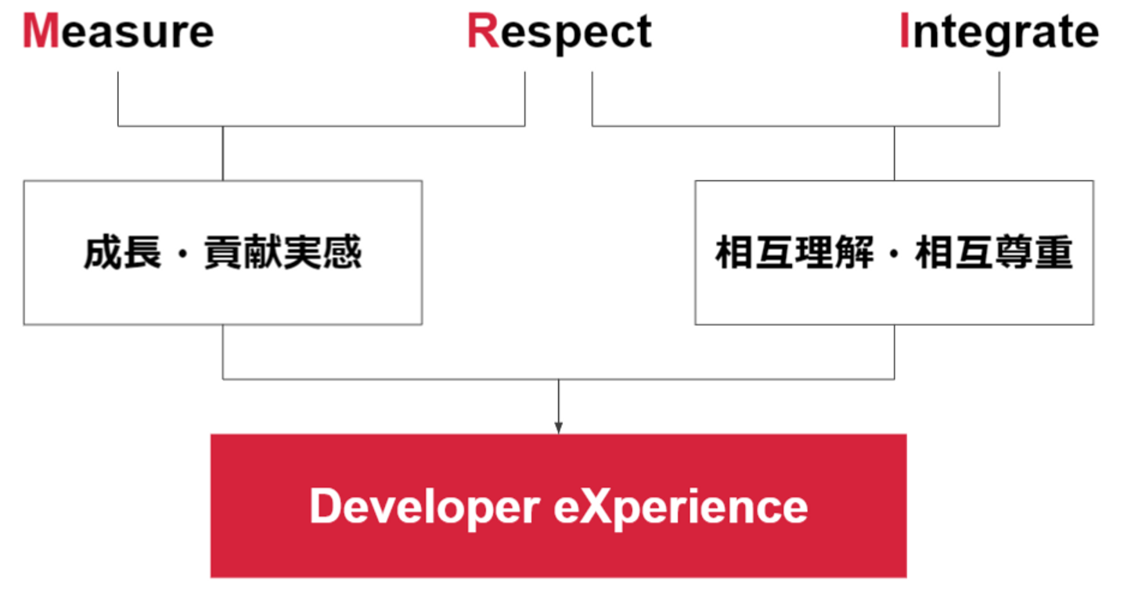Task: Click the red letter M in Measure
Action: coord(41,31)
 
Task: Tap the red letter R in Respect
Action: coord(483,31)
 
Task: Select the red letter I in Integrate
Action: coord(904,31)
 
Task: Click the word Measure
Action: coord(118,31)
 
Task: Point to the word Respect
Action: coord(560,33)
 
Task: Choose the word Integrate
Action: coord(999,33)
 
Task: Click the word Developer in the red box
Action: coord(425,508)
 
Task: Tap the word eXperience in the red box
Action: coord(681,508)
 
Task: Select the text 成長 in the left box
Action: coord(123,252)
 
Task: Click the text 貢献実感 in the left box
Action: coord(283,252)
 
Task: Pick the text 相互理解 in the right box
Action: coord(794,252)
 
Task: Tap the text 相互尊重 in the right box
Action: coord(994,252)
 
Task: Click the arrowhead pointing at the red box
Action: coord(559,428)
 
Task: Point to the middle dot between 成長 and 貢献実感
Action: coord(182,253)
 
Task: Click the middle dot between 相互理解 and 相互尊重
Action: coord(894,253)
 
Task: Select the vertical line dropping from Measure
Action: coord(118,99)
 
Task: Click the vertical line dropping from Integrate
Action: coord(999,99)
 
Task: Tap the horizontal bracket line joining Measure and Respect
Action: coord(322,126)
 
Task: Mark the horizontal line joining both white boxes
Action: coord(559,378)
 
